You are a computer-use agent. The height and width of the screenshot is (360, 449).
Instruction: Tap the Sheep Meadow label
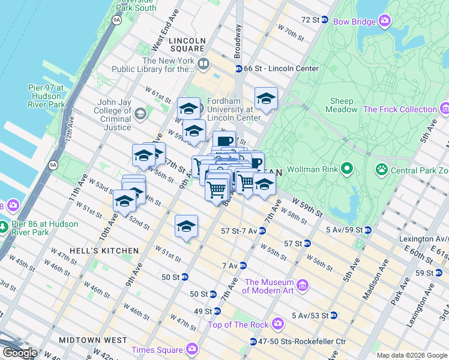point(342,106)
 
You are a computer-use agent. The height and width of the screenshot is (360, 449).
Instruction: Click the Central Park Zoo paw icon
point(381,170)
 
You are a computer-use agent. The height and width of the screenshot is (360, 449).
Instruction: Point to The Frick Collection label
point(400,109)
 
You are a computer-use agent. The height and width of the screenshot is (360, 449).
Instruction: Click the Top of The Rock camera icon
point(278,325)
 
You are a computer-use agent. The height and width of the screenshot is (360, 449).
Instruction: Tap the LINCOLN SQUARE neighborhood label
point(187,41)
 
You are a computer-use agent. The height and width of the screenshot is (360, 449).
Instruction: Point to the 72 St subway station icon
point(325,20)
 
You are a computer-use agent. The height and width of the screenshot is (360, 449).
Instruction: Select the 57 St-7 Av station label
point(238,230)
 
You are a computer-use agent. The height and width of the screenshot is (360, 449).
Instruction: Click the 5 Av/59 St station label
point(343,230)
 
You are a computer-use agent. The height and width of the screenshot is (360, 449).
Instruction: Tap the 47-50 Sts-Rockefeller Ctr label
point(303,341)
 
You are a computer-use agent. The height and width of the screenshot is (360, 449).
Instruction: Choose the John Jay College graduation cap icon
point(140,113)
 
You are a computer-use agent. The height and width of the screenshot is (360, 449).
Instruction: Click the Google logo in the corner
point(20,353)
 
